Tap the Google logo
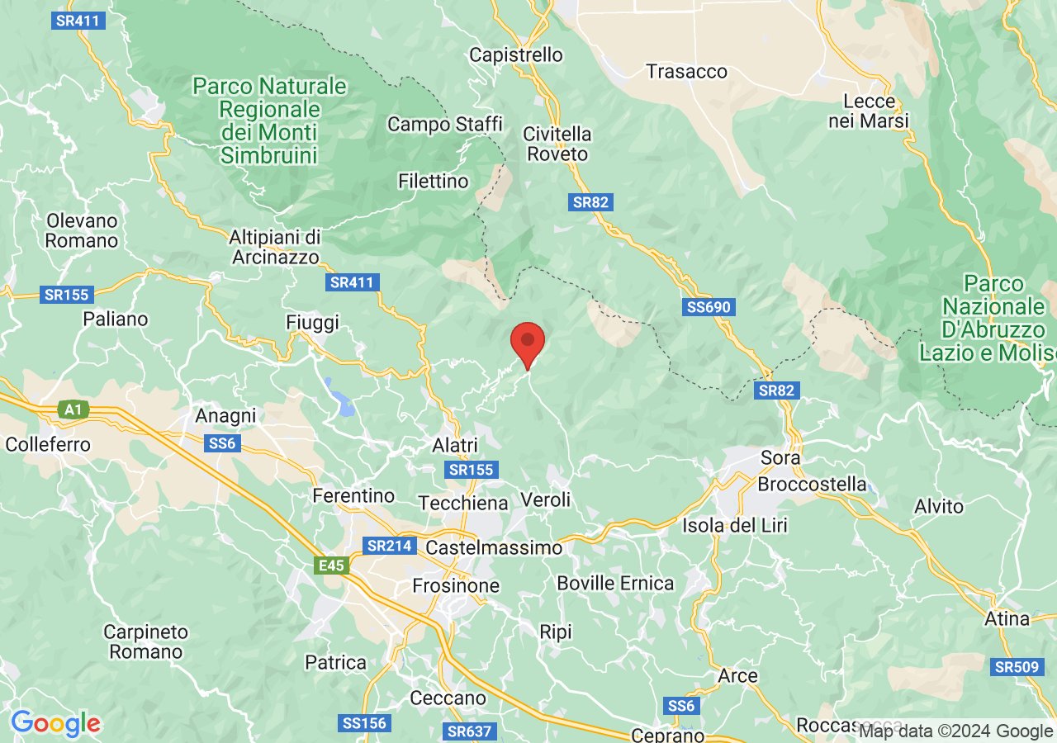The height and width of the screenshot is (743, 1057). click(55, 724)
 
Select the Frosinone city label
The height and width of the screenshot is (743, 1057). click(456, 585)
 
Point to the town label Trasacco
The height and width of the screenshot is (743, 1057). click(687, 72)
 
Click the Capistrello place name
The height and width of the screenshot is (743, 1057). click(516, 55)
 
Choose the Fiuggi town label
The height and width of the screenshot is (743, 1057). click(312, 322)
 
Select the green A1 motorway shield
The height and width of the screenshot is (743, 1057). click(72, 409)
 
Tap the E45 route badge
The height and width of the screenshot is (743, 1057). click(330, 566)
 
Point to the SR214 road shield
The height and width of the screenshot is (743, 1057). click(390, 546)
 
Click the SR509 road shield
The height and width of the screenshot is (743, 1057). click(1017, 666)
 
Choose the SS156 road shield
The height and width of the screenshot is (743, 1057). click(363, 723)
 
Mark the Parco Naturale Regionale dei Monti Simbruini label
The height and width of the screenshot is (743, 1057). click(269, 121)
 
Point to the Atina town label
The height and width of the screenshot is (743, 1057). click(1007, 618)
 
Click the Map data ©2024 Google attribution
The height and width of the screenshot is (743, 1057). click(955, 731)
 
